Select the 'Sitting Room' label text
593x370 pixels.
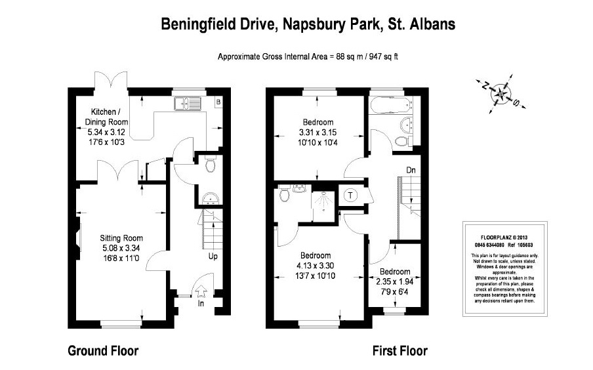121,238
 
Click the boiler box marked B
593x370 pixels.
218,102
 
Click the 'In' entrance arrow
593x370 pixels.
202,291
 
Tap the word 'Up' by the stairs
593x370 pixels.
213,256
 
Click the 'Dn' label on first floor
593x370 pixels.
411,170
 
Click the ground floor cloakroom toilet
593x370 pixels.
209,167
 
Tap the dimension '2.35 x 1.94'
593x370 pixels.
394,281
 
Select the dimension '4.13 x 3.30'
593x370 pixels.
316,265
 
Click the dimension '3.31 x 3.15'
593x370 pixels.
317,132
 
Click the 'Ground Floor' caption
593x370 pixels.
104,351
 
